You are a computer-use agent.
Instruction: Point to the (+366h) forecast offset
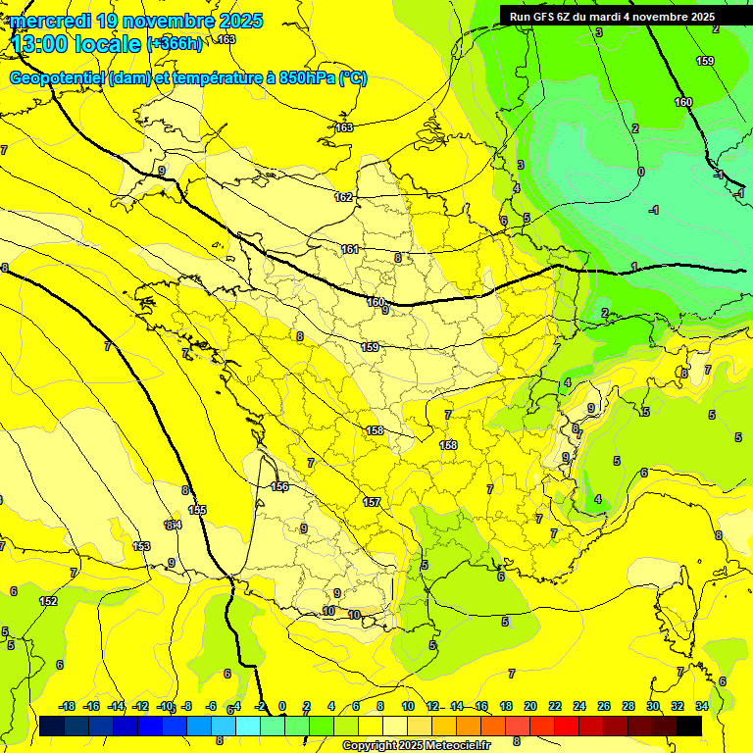(175, 44)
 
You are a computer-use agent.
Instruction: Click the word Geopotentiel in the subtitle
(57, 78)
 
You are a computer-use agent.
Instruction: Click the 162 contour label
(343, 197)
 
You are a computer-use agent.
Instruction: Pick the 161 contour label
(350, 250)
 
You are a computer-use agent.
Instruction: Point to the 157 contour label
(372, 502)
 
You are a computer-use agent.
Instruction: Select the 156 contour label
(279, 487)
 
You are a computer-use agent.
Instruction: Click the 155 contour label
(197, 510)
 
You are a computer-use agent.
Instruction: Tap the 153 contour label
(141, 546)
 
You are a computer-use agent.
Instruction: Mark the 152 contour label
(48, 601)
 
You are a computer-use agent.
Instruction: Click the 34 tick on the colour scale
(702, 706)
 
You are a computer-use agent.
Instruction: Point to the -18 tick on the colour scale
(67, 706)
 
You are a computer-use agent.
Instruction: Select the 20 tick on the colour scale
(530, 706)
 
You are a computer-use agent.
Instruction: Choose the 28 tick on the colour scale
(628, 706)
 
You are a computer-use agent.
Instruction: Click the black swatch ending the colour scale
(689, 726)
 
